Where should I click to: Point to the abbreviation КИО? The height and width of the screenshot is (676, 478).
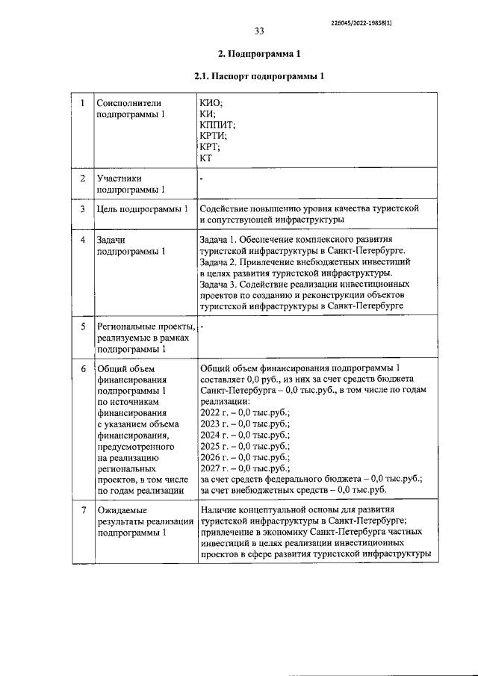[x=211, y=103]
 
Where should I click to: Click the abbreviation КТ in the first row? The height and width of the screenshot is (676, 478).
[x=207, y=158]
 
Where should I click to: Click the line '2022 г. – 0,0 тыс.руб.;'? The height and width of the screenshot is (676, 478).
[x=245, y=412]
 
